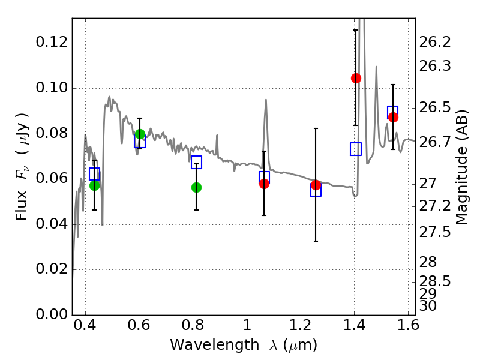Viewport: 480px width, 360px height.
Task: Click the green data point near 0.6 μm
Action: coord(140,134)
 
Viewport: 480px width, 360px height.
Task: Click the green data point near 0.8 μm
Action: coord(196,187)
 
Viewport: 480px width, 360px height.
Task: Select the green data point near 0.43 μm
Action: coord(94,185)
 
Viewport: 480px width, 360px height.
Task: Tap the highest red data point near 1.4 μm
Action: coord(356,78)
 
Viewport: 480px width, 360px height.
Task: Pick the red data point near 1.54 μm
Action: coord(393,117)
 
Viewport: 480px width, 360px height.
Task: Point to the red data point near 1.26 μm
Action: coord(316,185)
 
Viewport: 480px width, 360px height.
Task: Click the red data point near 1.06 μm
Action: coord(264,184)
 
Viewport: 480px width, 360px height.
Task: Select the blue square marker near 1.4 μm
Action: coord(356,149)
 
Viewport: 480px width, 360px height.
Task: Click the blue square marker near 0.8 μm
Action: coord(196,163)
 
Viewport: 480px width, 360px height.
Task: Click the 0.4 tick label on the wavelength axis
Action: coord(85,328)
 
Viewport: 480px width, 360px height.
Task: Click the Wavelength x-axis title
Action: coord(243,345)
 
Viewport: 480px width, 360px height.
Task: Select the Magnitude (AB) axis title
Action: coord(461,167)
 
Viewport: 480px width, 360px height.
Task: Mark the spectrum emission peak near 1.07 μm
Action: coord(265,100)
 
